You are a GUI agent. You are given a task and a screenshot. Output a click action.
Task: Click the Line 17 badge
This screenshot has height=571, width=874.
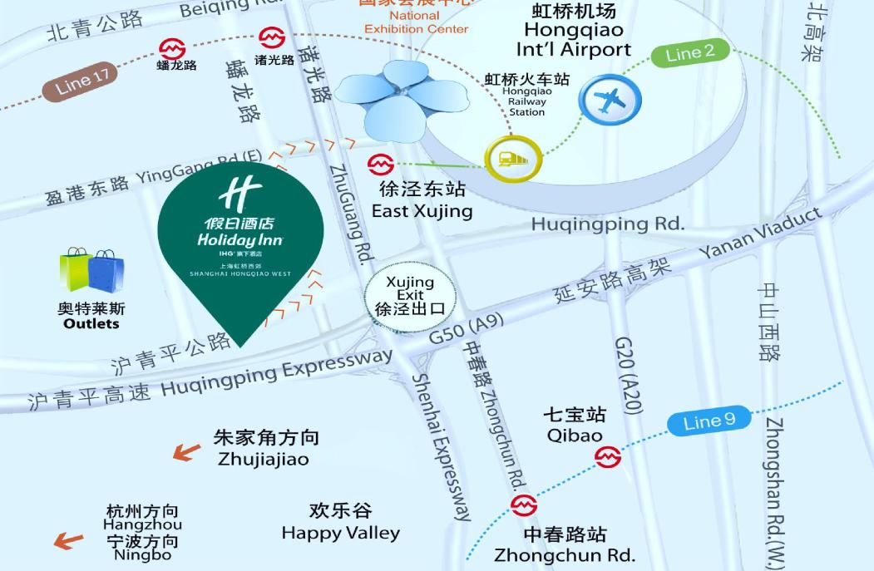pos(84,81)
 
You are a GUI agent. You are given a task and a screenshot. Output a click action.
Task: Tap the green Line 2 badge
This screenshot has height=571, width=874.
pos(690,53)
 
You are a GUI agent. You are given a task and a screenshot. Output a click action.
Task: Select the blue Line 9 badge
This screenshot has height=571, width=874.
pos(709,421)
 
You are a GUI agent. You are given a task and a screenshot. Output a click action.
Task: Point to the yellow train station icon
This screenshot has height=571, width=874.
pos(513,158)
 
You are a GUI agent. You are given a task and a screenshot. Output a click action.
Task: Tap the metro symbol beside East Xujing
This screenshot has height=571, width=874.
pos(381,164)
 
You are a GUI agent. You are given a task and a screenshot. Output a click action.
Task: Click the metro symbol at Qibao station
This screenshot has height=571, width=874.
pos(608,456)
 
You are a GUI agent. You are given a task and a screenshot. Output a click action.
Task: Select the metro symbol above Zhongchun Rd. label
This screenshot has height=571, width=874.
pos(524,505)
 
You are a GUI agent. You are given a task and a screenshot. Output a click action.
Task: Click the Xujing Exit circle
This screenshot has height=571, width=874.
pos(410,295)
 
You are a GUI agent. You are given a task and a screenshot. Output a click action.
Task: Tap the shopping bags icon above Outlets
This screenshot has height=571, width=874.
pos(91,270)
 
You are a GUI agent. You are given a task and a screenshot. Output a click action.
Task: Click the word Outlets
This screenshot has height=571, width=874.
pos(91,324)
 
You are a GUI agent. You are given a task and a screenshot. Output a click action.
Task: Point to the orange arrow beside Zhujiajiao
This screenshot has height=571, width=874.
pos(186,451)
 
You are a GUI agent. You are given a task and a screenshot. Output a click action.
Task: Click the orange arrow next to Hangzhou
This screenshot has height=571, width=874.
pos(69,541)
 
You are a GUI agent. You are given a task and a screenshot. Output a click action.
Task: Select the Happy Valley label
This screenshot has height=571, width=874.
pos(340,533)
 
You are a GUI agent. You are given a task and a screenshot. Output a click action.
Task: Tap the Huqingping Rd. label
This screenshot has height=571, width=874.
pos(607,224)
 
